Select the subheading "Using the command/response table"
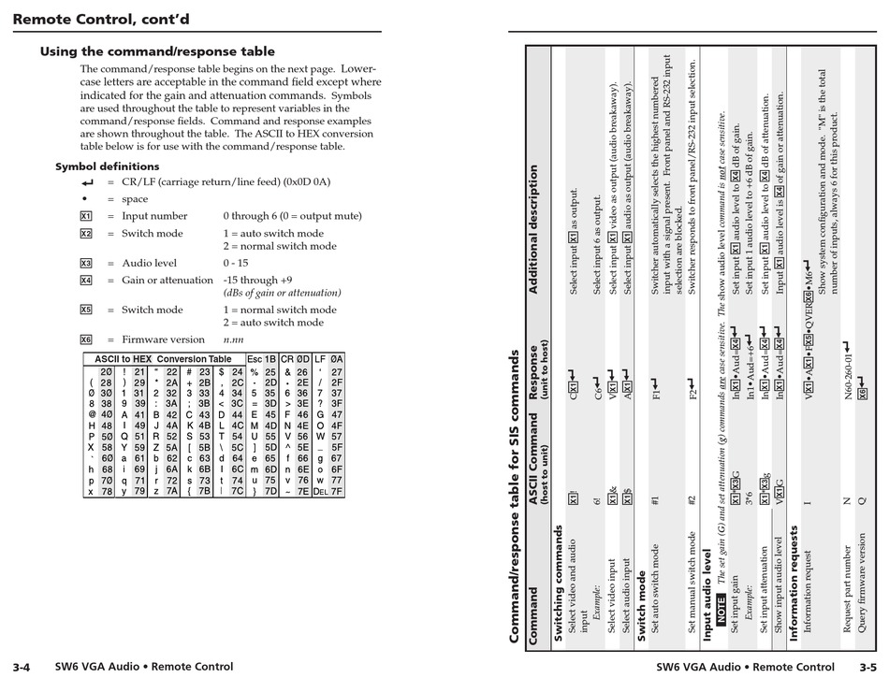[x=157, y=51]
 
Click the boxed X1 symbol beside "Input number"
[x=86, y=216]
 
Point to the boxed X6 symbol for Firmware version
[x=86, y=339]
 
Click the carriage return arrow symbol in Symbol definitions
[x=87, y=182]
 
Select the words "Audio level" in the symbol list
[x=149, y=263]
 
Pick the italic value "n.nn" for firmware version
[x=233, y=339]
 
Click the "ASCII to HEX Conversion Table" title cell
[x=163, y=359]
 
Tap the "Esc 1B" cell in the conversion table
[x=261, y=359]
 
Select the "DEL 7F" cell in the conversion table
[x=328, y=490]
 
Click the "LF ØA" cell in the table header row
[x=328, y=359]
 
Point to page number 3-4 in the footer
[x=22, y=667]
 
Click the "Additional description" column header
[x=534, y=229]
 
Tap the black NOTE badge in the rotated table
[x=721, y=608]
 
